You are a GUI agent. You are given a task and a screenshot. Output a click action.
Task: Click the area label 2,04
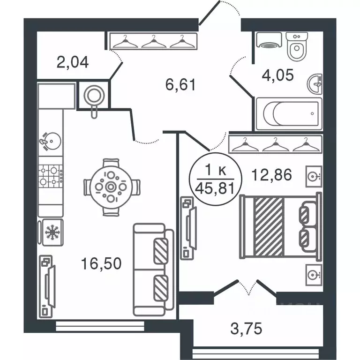[72, 62]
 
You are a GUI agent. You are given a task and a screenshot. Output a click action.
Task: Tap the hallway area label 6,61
[180, 84]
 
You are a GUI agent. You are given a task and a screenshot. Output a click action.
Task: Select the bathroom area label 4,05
[277, 75]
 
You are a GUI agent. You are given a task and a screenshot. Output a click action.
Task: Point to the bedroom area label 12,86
[271, 175]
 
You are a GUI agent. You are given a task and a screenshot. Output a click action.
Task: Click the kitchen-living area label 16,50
[101, 263]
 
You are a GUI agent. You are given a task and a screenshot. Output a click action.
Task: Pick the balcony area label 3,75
[246, 329]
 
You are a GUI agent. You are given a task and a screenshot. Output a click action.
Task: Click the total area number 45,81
[215, 189]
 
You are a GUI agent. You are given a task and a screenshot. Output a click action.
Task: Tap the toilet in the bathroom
[297, 46]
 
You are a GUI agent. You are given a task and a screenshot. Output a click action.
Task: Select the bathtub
[289, 113]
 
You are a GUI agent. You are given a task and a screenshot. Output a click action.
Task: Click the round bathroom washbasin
[315, 84]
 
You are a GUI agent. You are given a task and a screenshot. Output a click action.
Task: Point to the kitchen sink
[51, 141]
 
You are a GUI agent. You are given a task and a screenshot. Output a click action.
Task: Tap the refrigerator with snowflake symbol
[52, 232]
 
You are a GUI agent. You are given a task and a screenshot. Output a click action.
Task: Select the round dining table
[111, 187]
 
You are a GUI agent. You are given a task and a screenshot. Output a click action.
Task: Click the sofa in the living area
[153, 270]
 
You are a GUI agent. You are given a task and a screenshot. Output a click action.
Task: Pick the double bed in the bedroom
[280, 226]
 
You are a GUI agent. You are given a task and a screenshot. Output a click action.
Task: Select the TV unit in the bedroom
[188, 228]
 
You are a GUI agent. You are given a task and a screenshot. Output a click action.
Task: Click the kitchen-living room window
[100, 326]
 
